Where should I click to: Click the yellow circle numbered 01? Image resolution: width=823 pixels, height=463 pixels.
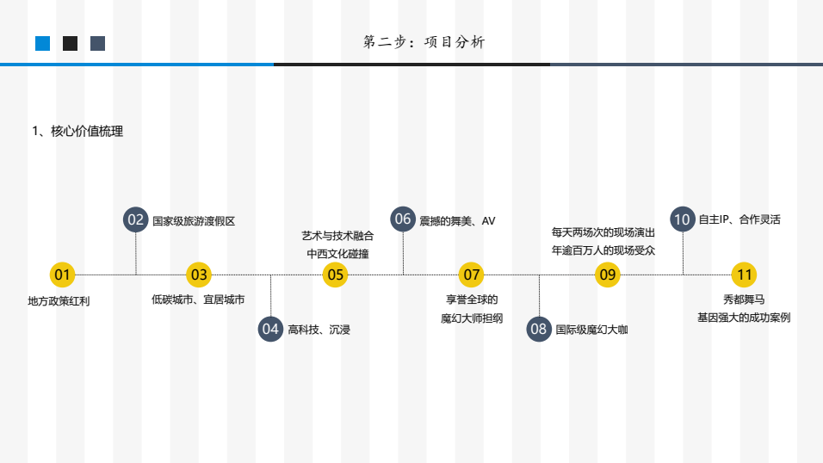pos(62,275)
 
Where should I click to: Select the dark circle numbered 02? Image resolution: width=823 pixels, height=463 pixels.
pos(136,220)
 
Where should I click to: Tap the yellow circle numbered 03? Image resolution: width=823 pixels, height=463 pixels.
pos(199,275)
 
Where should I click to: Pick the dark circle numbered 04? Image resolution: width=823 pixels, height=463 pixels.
pos(271,329)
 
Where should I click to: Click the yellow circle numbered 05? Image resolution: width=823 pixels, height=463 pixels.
pos(335,275)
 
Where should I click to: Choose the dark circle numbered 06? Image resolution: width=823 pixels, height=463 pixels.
pos(403,219)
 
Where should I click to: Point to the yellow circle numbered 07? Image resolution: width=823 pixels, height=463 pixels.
pos(471,275)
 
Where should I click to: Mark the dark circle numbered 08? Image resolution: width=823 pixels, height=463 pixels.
pos(539,329)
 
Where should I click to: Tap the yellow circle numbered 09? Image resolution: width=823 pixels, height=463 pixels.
pos(608,275)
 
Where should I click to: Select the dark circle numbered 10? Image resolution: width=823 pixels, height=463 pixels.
pos(683,219)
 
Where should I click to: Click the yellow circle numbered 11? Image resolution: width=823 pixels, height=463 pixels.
pos(744,275)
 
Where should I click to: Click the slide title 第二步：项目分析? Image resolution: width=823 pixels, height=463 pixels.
pos(424,42)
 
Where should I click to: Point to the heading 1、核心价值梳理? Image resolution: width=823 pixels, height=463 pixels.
pos(77,132)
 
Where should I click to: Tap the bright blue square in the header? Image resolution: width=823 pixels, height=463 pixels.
pos(43,43)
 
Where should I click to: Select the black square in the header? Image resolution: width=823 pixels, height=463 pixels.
pos(71,43)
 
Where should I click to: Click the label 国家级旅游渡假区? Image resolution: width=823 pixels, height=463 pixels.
pos(194,221)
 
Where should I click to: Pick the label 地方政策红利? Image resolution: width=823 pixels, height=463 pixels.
pos(59,301)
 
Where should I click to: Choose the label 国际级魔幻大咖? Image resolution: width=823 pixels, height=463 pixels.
pos(591,329)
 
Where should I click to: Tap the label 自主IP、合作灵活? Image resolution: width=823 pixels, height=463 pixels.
pos(739,220)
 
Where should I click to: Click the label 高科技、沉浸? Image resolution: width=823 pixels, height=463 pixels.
pos(319,329)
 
